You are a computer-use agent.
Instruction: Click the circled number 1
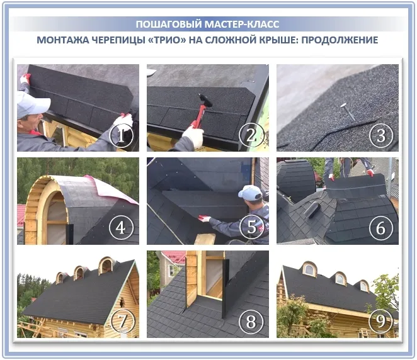[122, 135]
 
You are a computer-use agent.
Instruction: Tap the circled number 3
[381, 135]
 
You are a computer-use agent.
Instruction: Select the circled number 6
[381, 228]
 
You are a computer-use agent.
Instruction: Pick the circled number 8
[251, 322]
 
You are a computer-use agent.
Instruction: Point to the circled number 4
[121, 228]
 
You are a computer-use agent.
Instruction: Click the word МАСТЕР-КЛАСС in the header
[242, 24]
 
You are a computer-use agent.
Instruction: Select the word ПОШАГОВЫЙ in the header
[169, 24]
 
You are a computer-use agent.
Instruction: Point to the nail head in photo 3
[343, 106]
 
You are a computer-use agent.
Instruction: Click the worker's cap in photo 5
[250, 193]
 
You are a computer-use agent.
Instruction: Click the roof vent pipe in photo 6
[312, 210]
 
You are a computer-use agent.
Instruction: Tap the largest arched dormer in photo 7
[107, 265]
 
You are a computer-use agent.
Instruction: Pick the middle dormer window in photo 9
[340, 278]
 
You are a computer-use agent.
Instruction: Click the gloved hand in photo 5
[204, 218]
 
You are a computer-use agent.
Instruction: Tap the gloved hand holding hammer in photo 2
[193, 137]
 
